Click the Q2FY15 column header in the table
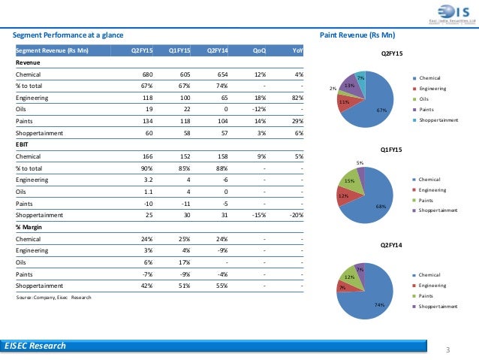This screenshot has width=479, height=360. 143,50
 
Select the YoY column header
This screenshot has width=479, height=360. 298,50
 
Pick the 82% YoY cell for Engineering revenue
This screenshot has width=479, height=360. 298,96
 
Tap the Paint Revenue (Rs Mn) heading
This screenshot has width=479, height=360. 357,35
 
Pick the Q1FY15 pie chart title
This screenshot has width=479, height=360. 391,150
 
